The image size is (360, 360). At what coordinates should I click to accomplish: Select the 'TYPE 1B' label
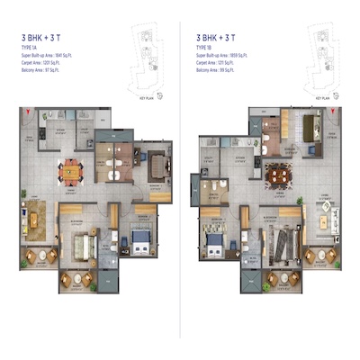point(205,49)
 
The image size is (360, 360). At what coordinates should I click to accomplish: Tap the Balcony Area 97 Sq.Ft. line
point(45,70)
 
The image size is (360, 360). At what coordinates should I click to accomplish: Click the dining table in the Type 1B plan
point(278,170)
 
